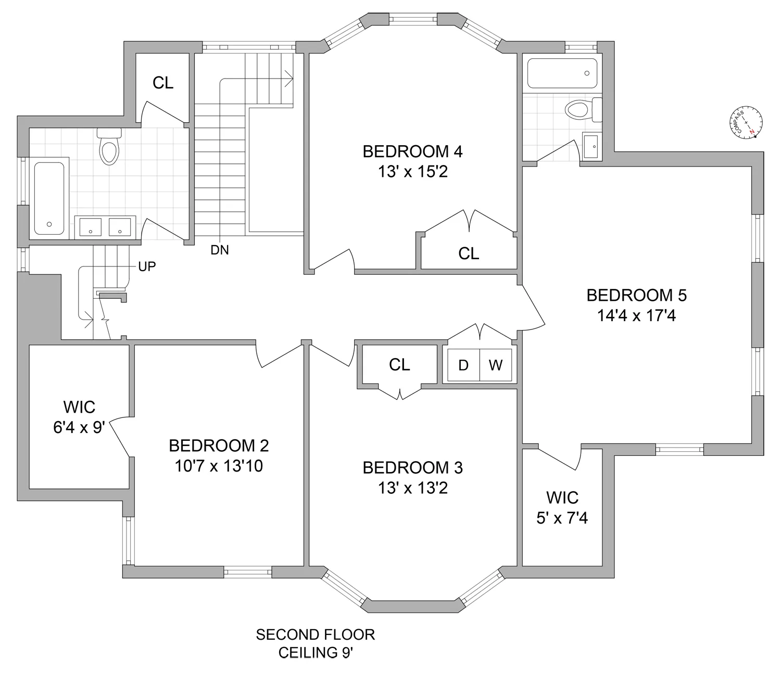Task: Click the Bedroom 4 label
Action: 412,151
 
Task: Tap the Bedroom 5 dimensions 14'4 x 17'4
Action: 636,315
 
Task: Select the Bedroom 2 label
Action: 219,446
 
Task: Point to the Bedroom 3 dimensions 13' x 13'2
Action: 412,488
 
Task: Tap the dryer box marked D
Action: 463,365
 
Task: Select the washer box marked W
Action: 495,365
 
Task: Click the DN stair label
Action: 220,250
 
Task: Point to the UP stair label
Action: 147,266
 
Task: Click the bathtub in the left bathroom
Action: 49,198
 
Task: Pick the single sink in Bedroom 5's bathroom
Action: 591,146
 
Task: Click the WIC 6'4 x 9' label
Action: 79,417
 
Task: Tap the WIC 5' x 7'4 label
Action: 562,507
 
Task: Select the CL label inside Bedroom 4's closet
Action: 469,253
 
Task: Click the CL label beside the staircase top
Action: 163,83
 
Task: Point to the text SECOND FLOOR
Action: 315,635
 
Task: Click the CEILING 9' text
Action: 315,653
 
